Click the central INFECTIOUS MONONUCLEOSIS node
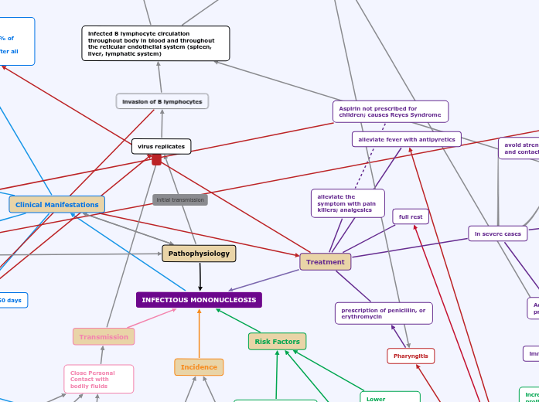pyautogui.click(x=199, y=300)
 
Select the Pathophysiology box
pyautogui.click(x=199, y=254)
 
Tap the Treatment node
pyautogui.click(x=325, y=262)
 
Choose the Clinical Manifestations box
pyautogui.click(x=57, y=205)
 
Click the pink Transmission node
pyautogui.click(x=104, y=337)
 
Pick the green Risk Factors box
pyautogui.click(x=277, y=342)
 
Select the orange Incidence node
pyautogui.click(x=199, y=367)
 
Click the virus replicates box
pyautogui.click(x=161, y=146)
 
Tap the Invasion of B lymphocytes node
pyautogui.click(x=162, y=101)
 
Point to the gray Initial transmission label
pyautogui.click(x=180, y=200)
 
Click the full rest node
pyautogui.click(x=411, y=216)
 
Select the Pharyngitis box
pyautogui.click(x=411, y=356)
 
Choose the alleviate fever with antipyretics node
pyautogui.click(x=406, y=139)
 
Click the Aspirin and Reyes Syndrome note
pyautogui.click(x=390, y=112)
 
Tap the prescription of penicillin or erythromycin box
pyautogui.click(x=384, y=313)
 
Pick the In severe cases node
pyautogui.click(x=497, y=233)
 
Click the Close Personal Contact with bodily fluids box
pyautogui.click(x=98, y=380)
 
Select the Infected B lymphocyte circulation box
pyautogui.click(x=155, y=43)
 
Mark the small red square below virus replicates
pyautogui.click(x=156, y=160)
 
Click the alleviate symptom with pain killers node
pyautogui.click(x=347, y=203)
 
